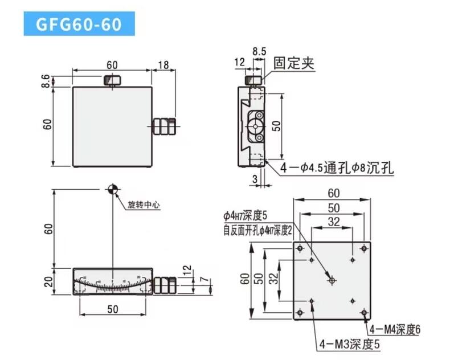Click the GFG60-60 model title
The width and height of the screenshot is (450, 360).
click(x=79, y=25)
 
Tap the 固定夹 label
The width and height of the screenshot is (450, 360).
click(x=294, y=63)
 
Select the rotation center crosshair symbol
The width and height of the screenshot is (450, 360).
click(x=112, y=189)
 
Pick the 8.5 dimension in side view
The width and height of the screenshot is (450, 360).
click(x=259, y=52)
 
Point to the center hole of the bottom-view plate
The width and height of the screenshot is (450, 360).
click(x=332, y=280)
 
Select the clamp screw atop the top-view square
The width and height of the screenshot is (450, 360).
click(x=112, y=80)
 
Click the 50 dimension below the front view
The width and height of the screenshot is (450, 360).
click(x=112, y=309)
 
